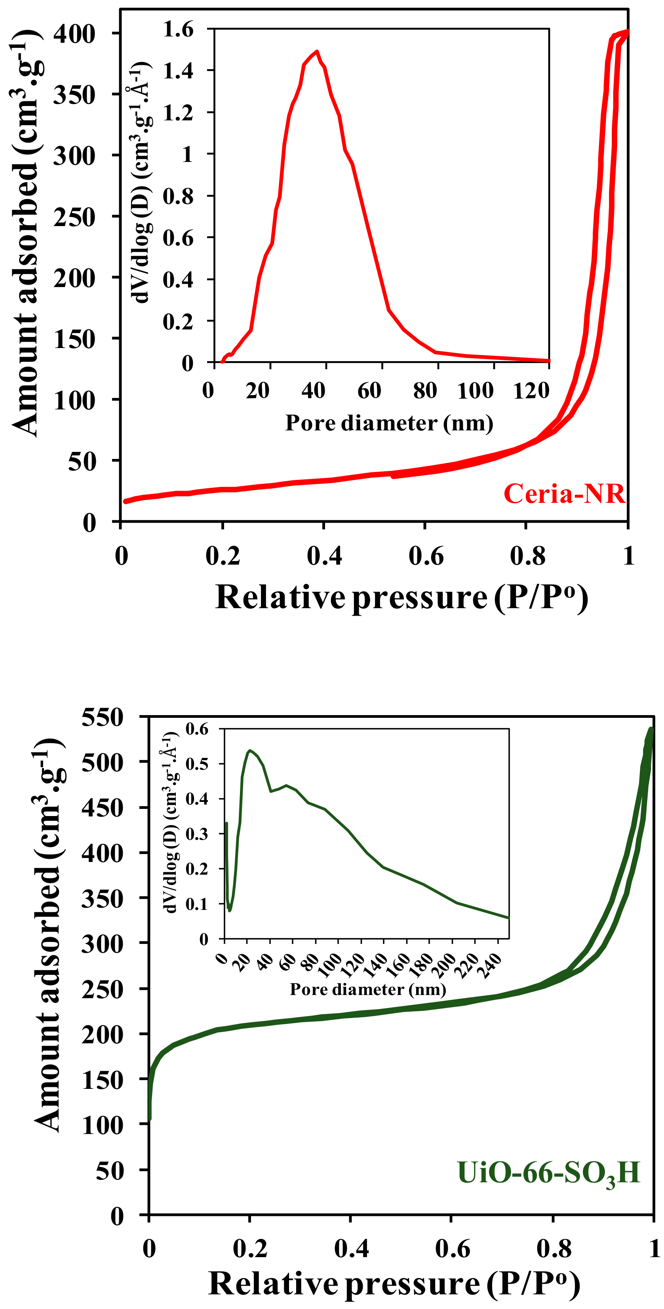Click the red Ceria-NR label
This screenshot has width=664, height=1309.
[x=564, y=493]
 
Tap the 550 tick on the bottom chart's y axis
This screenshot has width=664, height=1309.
[x=102, y=717]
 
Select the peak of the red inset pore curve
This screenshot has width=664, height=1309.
[x=317, y=51]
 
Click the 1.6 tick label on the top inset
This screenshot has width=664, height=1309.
[x=178, y=29]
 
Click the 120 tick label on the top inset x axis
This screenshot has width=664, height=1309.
[x=531, y=390]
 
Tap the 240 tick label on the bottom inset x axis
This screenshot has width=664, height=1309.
[x=492, y=965]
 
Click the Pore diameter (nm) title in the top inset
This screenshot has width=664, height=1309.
[x=389, y=423]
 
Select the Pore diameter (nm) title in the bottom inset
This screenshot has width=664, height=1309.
[x=368, y=989]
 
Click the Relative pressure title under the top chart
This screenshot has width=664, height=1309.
[x=401, y=597]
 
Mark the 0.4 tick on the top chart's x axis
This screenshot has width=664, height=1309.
[x=324, y=556]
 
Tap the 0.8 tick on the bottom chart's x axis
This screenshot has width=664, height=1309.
[x=554, y=1248]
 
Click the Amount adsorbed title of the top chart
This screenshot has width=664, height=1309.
[x=25, y=234]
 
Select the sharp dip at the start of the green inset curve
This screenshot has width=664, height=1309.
[x=230, y=909]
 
